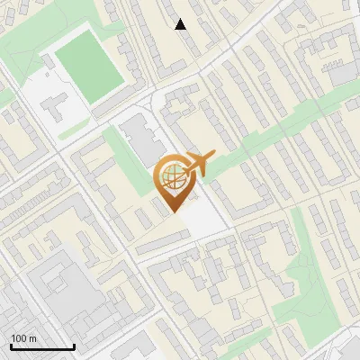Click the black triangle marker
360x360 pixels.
181,24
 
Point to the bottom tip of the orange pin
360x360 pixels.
174,212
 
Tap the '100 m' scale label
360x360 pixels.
23,338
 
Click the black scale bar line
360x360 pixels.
42,347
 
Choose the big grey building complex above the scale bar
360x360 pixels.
67,288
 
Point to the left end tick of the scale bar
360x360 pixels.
11,346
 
